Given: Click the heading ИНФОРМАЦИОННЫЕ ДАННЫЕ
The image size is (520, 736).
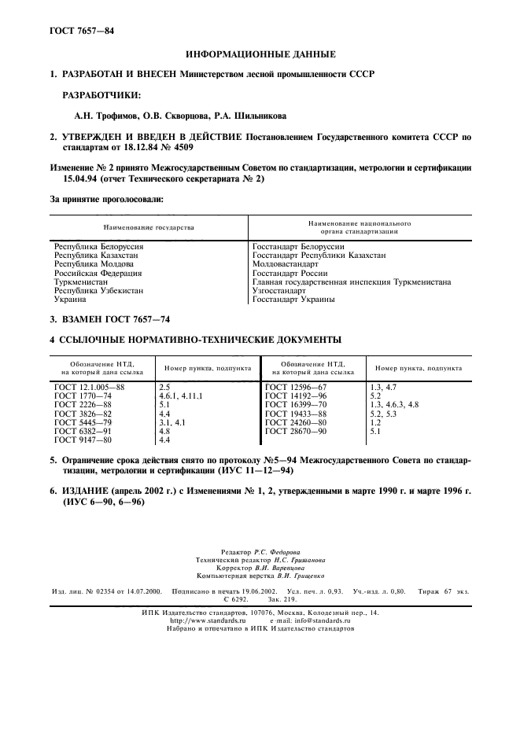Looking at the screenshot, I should point(260,54).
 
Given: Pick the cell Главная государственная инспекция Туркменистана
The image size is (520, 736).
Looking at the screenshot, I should point(351,282).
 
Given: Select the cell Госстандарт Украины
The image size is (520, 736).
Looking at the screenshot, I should point(293,300).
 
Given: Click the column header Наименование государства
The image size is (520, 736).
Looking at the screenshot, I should point(148,227).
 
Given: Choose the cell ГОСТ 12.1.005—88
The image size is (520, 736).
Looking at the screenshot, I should point(89,388).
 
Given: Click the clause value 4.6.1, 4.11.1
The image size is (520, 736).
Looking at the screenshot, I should point(180,396).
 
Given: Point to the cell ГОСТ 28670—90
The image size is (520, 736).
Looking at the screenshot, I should point(296,432).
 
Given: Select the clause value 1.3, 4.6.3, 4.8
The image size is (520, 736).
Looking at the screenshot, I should point(393,405).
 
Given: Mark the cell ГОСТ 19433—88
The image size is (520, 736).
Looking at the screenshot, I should point(296,414).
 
